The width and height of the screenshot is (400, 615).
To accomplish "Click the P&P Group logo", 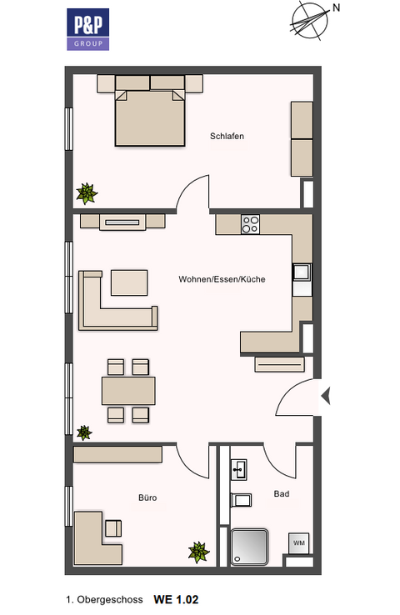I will [87, 29].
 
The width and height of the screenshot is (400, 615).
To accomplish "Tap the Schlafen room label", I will [227, 136].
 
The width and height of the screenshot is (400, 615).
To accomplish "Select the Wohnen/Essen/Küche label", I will [222, 279].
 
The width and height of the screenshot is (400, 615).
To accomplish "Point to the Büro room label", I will [147, 497].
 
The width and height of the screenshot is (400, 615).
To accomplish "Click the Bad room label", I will [282, 494].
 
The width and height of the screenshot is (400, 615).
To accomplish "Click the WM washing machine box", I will [298, 542].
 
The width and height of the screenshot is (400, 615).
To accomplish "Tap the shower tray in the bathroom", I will [250, 547].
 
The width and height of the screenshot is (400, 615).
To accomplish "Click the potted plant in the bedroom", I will [86, 193].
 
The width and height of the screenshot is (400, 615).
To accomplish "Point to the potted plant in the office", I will [198, 551].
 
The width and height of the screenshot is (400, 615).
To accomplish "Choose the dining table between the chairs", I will [128, 390].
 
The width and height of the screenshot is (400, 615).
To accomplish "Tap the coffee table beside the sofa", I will [129, 282].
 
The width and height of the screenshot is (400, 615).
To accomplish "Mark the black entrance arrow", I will [326, 396].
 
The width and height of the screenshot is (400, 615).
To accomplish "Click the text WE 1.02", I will [176, 599].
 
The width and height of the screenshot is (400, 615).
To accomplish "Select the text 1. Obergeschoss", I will [104, 599].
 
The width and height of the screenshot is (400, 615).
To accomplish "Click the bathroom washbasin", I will [238, 469].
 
